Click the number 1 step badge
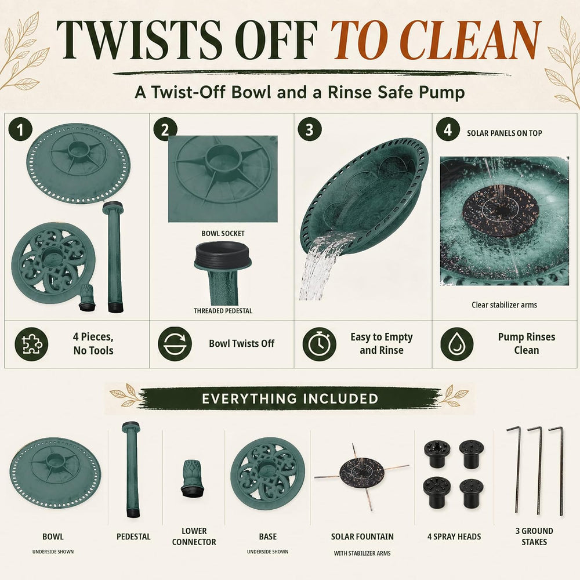[20, 129]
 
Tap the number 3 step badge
[310, 129]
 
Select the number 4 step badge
[448, 129]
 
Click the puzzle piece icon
[31, 344]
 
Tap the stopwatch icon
[319, 344]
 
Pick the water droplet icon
[457, 344]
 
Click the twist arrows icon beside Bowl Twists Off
[175, 344]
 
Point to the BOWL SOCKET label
[223, 233]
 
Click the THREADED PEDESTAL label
[223, 311]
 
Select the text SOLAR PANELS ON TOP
[504, 133]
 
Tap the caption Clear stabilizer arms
[504, 305]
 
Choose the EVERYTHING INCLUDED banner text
[290, 399]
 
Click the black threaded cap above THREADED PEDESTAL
[223, 255]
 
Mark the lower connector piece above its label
[193, 478]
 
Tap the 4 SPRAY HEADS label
[454, 536]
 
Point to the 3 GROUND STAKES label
[534, 536]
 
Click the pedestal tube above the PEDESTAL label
[131, 469]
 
